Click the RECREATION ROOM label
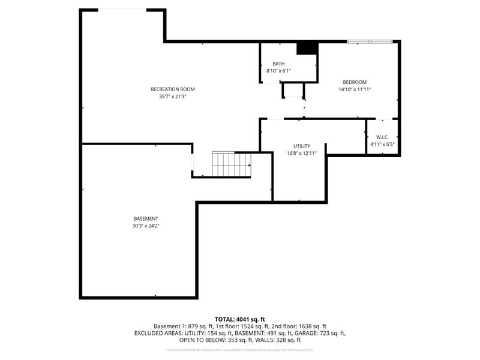172,89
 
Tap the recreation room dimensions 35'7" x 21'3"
172,97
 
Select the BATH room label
278,64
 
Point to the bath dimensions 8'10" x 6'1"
278,71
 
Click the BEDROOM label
354,82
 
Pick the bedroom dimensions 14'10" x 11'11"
354,89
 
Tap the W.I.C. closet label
382,137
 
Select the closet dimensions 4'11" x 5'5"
382,145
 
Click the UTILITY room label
301,146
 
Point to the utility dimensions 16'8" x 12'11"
301,154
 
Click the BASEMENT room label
146,218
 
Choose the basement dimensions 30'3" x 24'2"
146,226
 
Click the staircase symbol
232,163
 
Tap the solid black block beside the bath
307,48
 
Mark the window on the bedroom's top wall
370,41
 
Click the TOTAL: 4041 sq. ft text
240,319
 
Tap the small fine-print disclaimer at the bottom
240,349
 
